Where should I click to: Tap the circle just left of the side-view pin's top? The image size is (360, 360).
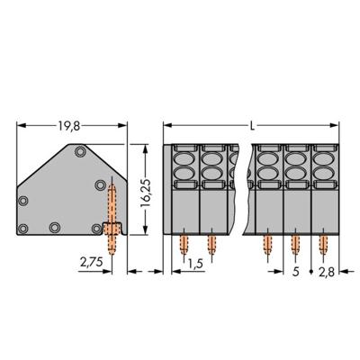[x=98, y=186]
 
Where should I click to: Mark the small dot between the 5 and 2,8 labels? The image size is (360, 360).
[x=311, y=269]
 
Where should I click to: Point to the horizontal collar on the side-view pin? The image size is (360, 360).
[x=112, y=224]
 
